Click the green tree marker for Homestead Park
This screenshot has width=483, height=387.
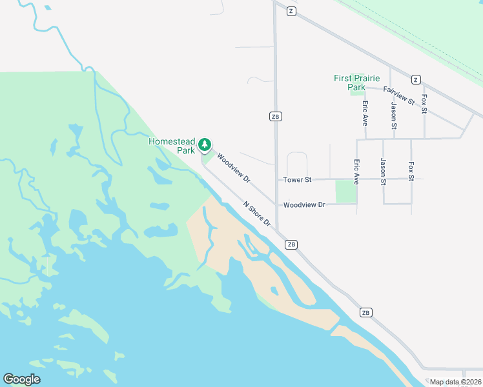coord(205,144)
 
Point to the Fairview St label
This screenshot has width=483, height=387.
coord(398,95)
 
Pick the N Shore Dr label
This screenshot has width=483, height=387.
coord(257,214)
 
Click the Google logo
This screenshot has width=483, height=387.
coord(21,379)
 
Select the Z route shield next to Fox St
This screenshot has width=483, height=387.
coord(416,80)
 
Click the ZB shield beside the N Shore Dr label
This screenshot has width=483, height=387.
coord(291,244)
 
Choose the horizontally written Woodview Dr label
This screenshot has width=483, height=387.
coord(304,204)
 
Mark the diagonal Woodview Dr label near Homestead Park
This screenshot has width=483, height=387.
coord(233,167)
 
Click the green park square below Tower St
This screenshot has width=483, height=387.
coord(345,192)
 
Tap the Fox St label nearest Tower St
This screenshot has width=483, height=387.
coord(411,170)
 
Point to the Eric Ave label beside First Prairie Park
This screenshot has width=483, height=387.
coord(365,112)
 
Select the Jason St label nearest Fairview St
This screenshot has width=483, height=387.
coord(393,111)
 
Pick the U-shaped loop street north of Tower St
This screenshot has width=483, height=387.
coord(296,161)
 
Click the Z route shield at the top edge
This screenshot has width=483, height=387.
coord(292,12)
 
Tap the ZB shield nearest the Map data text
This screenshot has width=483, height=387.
coord(366,312)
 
